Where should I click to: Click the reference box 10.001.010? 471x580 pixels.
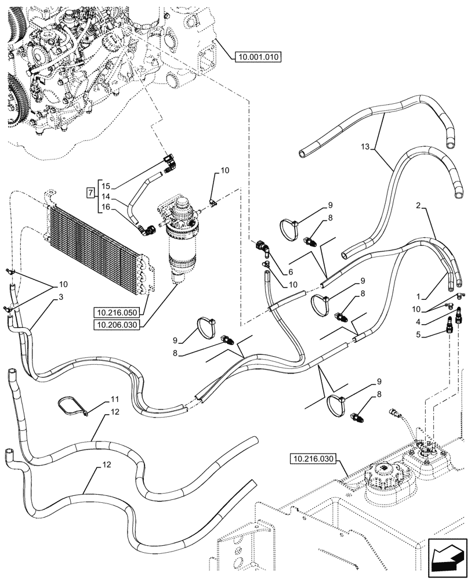tap(258, 57)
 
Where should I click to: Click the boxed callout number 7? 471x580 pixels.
tap(90, 192)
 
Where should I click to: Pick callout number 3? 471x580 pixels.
tap(60, 297)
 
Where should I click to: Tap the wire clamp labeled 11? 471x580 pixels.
tap(73, 406)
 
